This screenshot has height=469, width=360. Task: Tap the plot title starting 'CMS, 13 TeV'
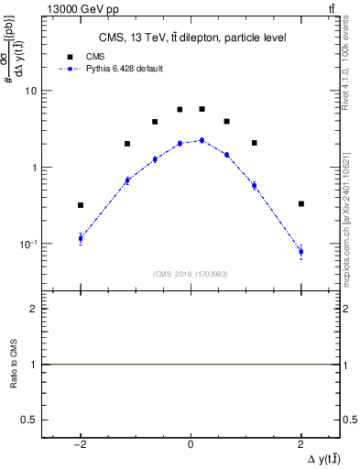191,38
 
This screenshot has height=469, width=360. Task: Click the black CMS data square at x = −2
81,205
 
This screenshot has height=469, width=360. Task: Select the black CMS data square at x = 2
300,203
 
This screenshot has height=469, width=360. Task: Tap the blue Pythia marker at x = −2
81,238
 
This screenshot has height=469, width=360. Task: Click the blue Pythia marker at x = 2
300,251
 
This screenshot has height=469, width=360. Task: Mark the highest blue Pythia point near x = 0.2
202,140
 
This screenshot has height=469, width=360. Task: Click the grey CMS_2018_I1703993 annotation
191,275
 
